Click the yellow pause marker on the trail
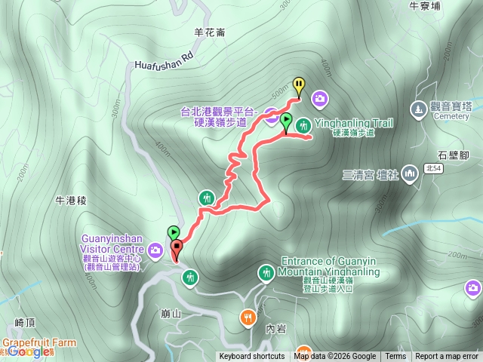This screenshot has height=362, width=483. click(299, 86)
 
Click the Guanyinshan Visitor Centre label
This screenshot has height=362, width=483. click(112, 248)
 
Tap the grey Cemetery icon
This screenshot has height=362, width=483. click(419, 110)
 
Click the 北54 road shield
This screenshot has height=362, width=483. click(432, 167)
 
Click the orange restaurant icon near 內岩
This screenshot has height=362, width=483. click(248, 318)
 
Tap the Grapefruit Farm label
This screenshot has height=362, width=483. click(39, 342)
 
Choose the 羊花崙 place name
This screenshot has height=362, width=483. click(209, 32)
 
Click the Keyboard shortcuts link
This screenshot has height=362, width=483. click(252, 357)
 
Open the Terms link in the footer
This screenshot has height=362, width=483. click(395, 357)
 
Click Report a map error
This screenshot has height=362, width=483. click(447, 357)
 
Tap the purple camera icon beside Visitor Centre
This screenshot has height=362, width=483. click(155, 250)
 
